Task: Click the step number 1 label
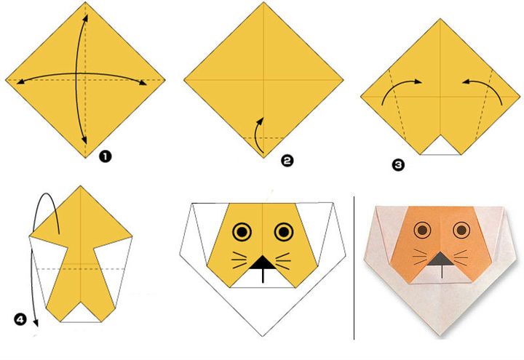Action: (x=105, y=156)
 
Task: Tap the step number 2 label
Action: (x=287, y=161)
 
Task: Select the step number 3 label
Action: (x=398, y=165)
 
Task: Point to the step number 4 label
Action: (x=20, y=319)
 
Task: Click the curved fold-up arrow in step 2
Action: (x=256, y=135)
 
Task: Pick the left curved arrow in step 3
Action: (x=397, y=85)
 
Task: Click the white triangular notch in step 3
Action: (x=440, y=147)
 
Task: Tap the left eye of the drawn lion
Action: (x=242, y=231)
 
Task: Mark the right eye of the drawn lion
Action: (x=284, y=231)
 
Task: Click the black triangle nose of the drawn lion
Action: (x=263, y=263)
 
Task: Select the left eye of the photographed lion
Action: (x=422, y=229)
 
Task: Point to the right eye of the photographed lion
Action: (x=461, y=229)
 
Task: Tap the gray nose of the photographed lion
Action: (x=442, y=259)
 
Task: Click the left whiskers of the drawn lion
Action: (x=240, y=260)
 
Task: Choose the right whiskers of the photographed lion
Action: (x=462, y=257)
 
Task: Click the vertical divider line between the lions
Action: (x=354, y=268)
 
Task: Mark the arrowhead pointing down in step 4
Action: (x=36, y=323)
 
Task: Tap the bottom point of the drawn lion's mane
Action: (x=263, y=336)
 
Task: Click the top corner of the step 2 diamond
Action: (x=263, y=2)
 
